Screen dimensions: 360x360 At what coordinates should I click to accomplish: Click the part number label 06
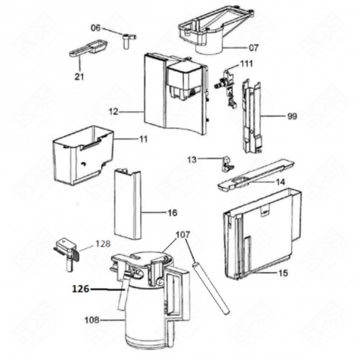[x=96, y=28]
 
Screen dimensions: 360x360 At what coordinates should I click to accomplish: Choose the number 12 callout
[x=113, y=112]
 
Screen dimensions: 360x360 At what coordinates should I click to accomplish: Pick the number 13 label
[x=192, y=159]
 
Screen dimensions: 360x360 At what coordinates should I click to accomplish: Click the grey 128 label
[x=103, y=245]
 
